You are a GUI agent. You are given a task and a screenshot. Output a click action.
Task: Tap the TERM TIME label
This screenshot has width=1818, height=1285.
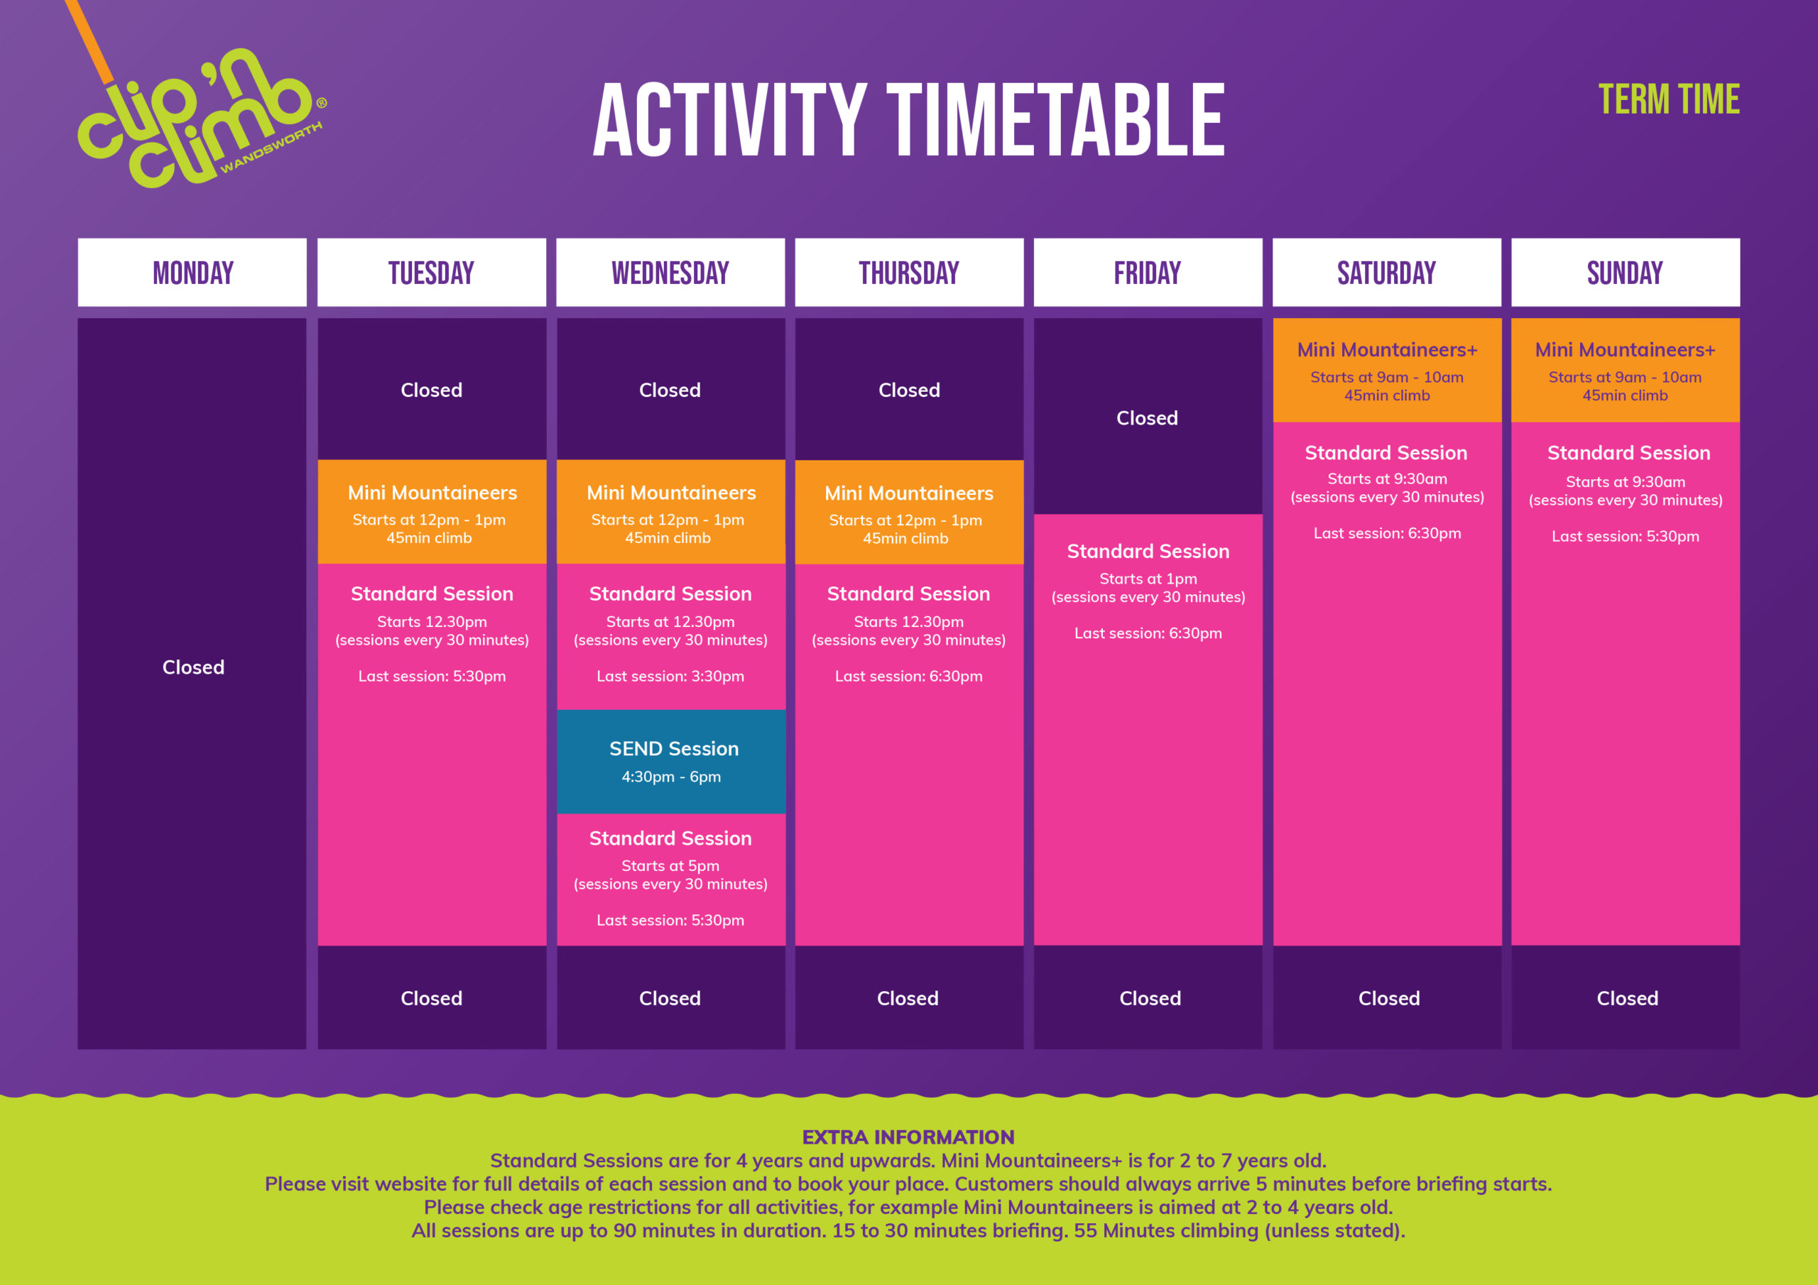(1668, 100)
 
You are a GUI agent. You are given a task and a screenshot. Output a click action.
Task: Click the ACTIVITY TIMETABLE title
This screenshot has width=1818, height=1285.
(908, 121)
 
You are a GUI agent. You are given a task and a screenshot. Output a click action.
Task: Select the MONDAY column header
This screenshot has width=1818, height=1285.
(192, 273)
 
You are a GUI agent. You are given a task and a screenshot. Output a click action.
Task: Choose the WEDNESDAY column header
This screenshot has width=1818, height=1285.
(670, 273)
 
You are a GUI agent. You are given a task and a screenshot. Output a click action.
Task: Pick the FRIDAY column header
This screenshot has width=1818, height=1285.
(1148, 273)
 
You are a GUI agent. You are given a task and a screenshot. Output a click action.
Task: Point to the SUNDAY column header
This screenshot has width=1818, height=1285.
(1625, 273)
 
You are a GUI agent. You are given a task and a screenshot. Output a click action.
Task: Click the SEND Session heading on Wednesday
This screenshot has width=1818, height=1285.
(674, 748)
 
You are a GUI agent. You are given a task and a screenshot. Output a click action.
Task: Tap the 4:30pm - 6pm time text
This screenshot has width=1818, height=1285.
(670, 777)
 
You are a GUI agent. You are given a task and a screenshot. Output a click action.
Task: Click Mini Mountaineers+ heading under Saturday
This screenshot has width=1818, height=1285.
(1386, 349)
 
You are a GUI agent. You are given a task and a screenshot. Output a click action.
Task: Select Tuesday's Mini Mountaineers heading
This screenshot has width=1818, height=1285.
(432, 493)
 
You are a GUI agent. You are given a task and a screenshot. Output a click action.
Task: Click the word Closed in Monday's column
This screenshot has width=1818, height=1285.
(193, 667)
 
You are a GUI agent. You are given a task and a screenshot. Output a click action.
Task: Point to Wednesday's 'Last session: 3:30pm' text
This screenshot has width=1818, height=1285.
(670, 676)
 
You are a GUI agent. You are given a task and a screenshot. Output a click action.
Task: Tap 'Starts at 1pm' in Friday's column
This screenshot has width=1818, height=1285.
(1148, 579)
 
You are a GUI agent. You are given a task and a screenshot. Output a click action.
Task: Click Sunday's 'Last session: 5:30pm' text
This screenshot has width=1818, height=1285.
(1625, 536)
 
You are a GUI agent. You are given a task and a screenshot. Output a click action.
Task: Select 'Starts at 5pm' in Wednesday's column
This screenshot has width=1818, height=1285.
(670, 865)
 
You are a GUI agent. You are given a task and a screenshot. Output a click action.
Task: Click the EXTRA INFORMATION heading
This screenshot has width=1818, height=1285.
(908, 1137)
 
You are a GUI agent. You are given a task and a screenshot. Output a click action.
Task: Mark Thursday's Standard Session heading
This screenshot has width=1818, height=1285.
(908, 594)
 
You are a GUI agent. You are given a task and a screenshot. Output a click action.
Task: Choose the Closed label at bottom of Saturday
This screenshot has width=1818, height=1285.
(1389, 998)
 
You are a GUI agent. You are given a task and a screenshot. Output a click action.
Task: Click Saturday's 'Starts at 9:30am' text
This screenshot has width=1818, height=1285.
(1387, 479)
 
